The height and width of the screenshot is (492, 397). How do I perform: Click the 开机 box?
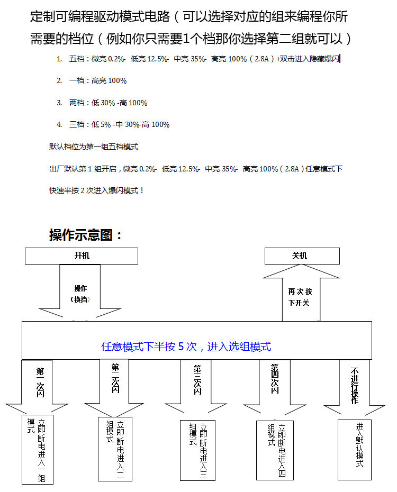point(82,256)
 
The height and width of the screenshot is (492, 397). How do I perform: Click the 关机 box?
point(302,256)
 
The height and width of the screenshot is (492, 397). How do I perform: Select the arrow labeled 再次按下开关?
point(301,296)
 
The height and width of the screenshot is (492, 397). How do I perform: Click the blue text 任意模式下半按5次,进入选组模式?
point(186,347)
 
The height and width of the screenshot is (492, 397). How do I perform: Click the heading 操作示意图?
point(86,235)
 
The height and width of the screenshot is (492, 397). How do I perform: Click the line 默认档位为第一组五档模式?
point(94,147)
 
